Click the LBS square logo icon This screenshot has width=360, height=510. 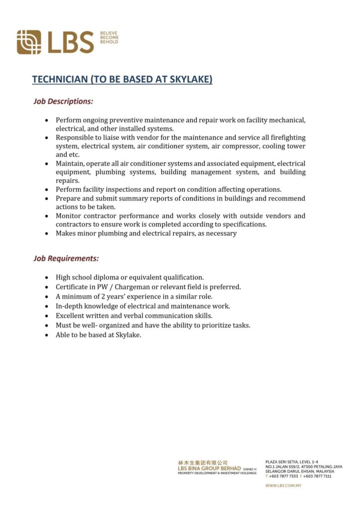pos(29,42)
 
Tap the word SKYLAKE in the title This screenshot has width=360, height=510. pos(192,79)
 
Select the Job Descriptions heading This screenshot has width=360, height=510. pos(63,101)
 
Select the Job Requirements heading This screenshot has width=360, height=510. pos(66,258)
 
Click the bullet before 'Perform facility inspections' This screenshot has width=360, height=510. pos(46,190)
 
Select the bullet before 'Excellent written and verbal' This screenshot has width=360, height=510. pos(46,316)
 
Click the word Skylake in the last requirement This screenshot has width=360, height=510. pos(128,335)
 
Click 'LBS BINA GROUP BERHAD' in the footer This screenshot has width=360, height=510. pos(209,468)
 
